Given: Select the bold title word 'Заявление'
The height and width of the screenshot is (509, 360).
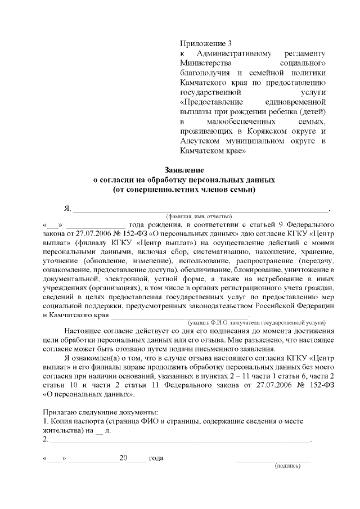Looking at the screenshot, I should (x=183, y=169).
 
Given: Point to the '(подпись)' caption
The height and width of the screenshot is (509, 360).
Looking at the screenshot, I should (x=287, y=466).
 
